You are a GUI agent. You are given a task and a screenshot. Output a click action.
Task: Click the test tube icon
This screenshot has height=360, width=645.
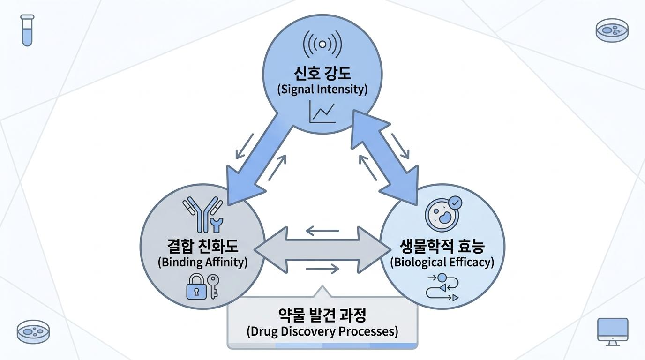[27, 30]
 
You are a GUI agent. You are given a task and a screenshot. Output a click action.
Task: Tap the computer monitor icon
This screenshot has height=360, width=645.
[613, 332]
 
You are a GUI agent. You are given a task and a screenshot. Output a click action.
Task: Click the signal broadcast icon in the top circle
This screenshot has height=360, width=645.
[322, 45]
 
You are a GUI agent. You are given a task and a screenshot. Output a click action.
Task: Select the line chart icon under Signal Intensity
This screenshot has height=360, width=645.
[322, 112]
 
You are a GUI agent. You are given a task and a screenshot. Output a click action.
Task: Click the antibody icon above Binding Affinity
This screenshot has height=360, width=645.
[202, 215]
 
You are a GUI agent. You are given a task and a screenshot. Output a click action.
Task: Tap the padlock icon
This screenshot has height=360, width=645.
[197, 286]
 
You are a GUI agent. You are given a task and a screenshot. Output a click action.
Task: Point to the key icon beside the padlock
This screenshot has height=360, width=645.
[213, 286]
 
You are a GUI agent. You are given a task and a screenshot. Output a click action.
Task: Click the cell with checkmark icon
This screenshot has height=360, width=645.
[443, 214]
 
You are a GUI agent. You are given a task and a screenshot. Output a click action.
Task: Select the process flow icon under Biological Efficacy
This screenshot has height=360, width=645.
[442, 287]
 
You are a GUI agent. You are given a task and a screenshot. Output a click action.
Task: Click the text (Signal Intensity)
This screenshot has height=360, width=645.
[322, 89]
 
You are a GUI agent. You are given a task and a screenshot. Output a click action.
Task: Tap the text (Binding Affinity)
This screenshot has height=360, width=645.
[202, 262]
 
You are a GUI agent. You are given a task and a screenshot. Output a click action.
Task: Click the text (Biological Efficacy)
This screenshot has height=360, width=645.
[442, 262]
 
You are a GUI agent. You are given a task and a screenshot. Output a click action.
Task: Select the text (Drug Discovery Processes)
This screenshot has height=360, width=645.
[322, 331]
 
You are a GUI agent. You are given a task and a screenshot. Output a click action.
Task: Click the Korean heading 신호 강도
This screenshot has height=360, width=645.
[322, 73]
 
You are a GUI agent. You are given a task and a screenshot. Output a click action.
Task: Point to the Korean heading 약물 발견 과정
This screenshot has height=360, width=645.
[322, 315]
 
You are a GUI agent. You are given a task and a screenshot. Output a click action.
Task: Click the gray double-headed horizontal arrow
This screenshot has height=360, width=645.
[322, 250]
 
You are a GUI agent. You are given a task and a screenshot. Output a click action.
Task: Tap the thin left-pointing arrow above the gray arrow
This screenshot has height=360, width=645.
[322, 231]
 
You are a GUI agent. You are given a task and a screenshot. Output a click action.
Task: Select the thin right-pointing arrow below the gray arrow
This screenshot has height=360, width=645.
[322, 269]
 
